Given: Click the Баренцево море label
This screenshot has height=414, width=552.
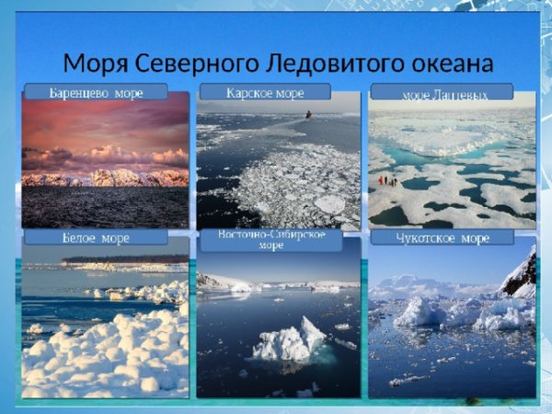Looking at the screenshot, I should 96,92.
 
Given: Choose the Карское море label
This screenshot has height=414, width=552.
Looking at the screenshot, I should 265,92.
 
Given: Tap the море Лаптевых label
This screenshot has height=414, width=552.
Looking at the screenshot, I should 443,93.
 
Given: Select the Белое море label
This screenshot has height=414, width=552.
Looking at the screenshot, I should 96,237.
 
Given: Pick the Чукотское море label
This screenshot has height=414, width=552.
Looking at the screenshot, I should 443,237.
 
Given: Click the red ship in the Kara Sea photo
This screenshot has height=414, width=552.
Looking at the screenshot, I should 309,114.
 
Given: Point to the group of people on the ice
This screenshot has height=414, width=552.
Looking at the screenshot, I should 387,180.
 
